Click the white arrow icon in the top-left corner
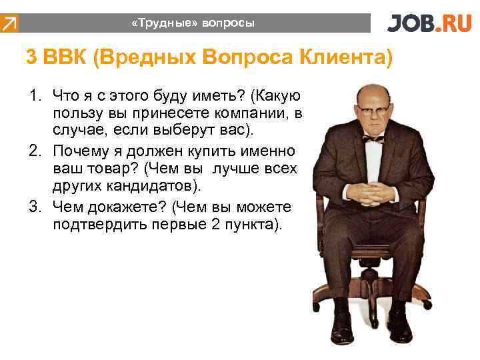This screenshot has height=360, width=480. point(9,24)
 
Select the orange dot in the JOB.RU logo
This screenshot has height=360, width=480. point(435,29)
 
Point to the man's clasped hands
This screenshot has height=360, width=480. point(371,193)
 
